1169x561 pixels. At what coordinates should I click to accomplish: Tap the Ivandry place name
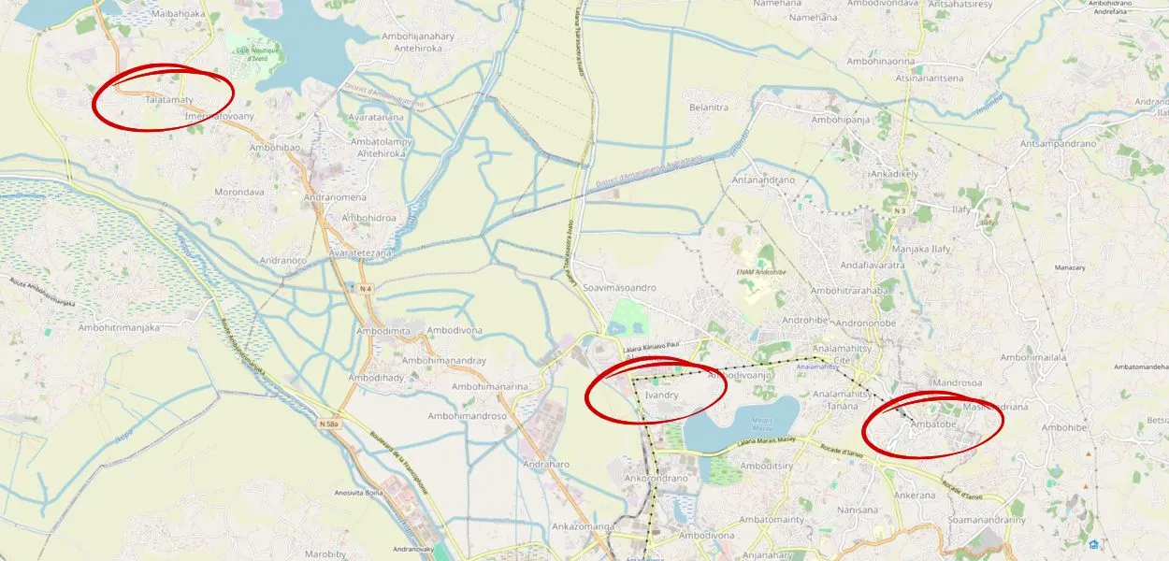pos(661,396)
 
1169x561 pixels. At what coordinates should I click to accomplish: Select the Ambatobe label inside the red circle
pos(932,425)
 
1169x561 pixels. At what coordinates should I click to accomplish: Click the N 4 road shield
pos(366,289)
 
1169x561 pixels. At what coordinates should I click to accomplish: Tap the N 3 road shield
pos(899,210)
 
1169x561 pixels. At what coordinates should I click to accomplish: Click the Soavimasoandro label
pos(619,288)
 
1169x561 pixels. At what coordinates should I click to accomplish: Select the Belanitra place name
pos(708,108)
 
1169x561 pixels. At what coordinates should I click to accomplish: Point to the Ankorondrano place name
pos(656,478)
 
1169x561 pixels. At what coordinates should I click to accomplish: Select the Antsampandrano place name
pos(1058,144)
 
